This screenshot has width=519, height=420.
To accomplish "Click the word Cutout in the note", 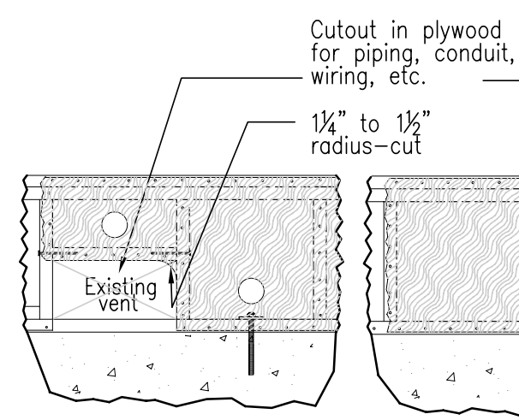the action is [343, 30].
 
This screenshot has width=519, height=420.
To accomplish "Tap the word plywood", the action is [462, 33].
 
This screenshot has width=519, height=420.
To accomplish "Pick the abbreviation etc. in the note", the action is [407, 77].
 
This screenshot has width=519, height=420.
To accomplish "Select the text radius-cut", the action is [367, 145].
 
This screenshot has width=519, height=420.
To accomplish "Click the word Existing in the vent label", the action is [121, 287].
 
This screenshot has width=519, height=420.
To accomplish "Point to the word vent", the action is [118, 304].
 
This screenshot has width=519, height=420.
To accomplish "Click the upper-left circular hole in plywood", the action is [115, 225].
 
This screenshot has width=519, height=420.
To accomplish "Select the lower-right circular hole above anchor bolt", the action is [251, 291].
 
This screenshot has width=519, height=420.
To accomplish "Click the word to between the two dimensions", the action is [369, 124].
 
